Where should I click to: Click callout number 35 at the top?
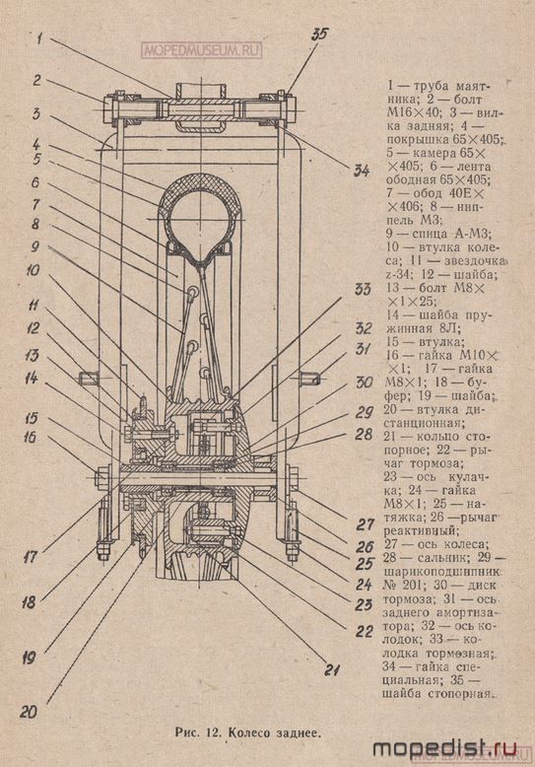(321, 35)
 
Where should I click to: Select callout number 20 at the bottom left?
(29, 712)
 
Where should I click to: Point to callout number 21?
(332, 669)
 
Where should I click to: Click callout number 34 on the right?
(362, 171)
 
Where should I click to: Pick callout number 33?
(364, 289)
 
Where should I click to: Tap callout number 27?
(365, 524)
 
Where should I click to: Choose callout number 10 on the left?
(33, 269)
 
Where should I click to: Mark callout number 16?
(30, 437)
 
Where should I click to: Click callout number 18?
(29, 602)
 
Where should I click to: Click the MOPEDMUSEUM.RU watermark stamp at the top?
(202, 50)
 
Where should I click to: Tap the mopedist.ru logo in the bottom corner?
(444, 748)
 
